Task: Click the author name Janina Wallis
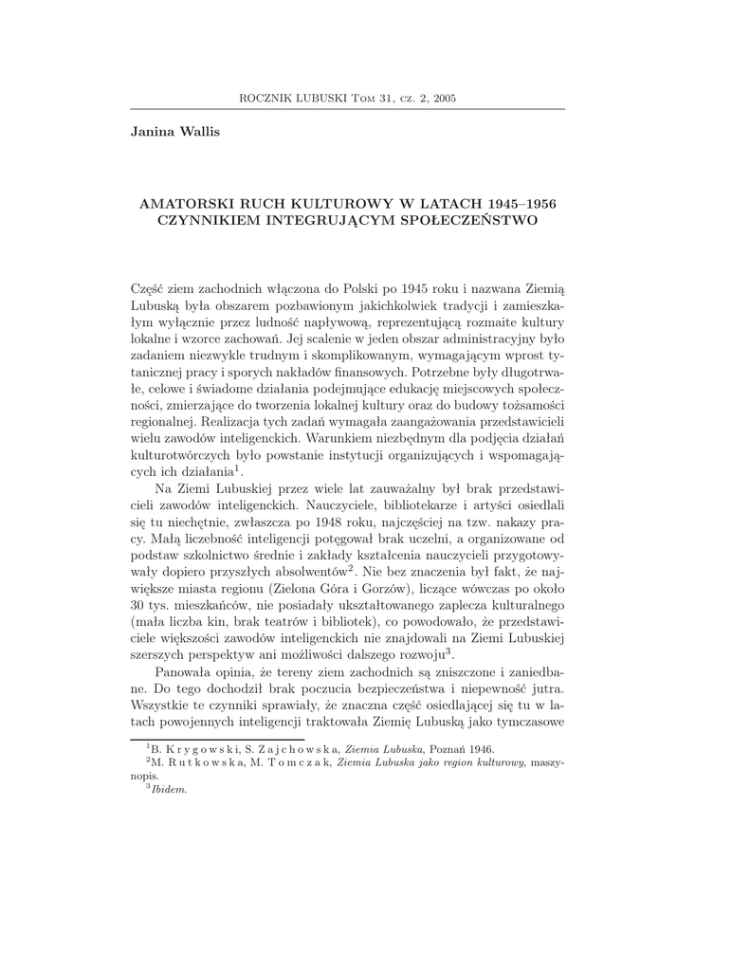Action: (x=174, y=131)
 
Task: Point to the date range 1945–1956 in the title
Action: (x=521, y=204)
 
